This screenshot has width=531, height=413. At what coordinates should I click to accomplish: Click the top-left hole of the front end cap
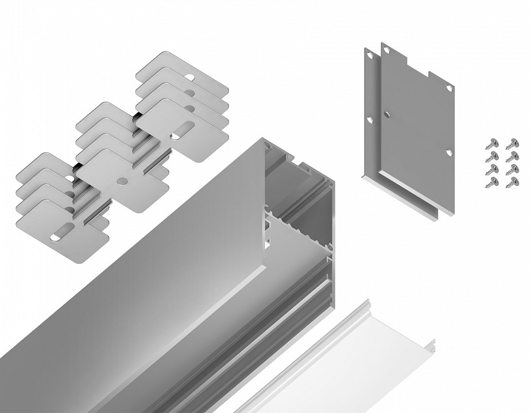coord(389,51)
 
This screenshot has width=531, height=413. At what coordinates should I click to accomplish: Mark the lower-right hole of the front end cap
coord(448,152)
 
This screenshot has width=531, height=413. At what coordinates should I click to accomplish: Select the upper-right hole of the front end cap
coord(448,87)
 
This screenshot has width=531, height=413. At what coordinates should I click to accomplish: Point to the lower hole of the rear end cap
coord(370,119)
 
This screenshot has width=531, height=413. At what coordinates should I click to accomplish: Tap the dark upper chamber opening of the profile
coord(293,172)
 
